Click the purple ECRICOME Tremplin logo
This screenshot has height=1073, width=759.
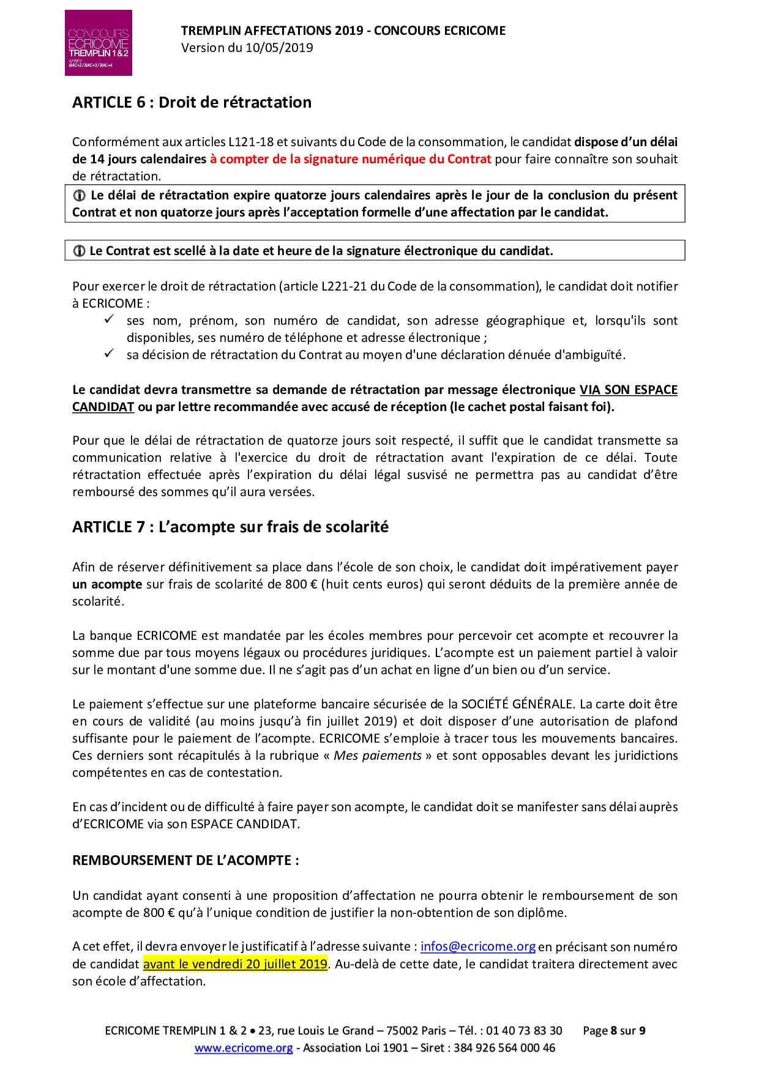(98, 43)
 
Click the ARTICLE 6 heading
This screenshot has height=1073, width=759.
(192, 102)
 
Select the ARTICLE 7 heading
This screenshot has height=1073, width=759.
(230, 527)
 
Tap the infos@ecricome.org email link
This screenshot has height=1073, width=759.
(478, 946)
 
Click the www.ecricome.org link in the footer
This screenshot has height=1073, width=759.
(244, 1048)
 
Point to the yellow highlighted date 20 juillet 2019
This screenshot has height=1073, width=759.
(235, 963)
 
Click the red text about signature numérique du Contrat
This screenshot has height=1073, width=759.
(350, 159)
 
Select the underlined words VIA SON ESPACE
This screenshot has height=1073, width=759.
(628, 390)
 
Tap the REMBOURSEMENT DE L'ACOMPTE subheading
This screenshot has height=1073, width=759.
(185, 860)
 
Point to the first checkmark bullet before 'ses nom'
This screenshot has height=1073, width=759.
(110, 319)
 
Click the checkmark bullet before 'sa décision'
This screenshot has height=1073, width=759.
(110, 354)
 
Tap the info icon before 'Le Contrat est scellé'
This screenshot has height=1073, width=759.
(79, 251)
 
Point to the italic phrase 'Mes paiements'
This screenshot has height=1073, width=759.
(377, 755)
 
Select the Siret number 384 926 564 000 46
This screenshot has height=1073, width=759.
(504, 1048)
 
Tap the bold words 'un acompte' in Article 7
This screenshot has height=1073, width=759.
(107, 584)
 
